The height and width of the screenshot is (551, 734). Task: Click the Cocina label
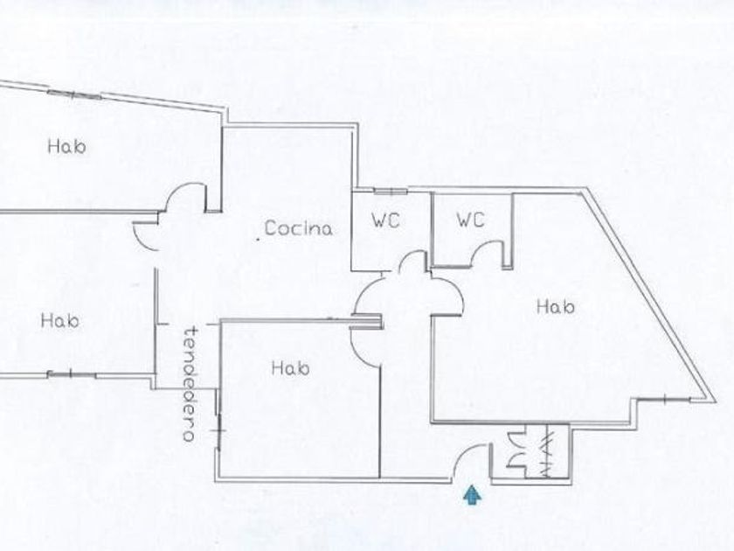[x=299, y=229]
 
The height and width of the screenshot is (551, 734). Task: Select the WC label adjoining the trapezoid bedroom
[x=470, y=221]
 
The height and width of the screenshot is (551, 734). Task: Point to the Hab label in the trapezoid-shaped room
[x=555, y=307]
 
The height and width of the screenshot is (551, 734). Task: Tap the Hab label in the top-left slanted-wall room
[x=67, y=147]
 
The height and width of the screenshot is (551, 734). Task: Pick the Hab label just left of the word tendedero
[x=59, y=321]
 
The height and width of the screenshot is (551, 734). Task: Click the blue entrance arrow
[x=473, y=496]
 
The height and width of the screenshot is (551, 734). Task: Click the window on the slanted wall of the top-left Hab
[x=72, y=94]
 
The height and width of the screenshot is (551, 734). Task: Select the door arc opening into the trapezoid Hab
[x=448, y=293]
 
